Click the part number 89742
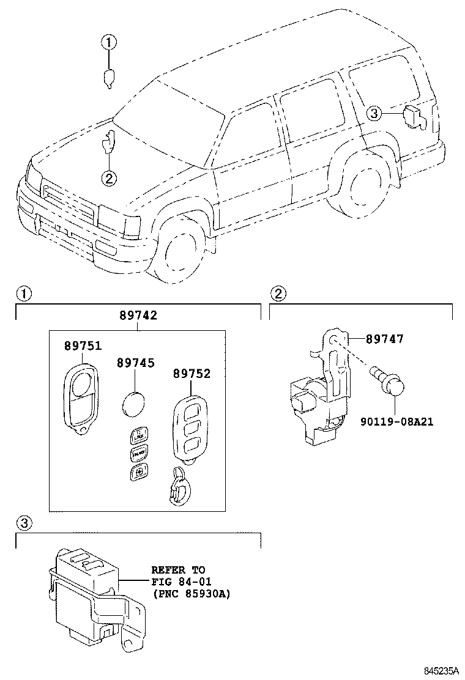tap(138, 316)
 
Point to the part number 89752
tap(191, 374)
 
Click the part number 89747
tap(385, 339)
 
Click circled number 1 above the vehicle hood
tap(109, 43)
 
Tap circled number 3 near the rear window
tap(374, 113)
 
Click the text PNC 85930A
tap(191, 594)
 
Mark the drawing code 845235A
tap(439, 671)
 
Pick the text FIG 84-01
tap(177, 582)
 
